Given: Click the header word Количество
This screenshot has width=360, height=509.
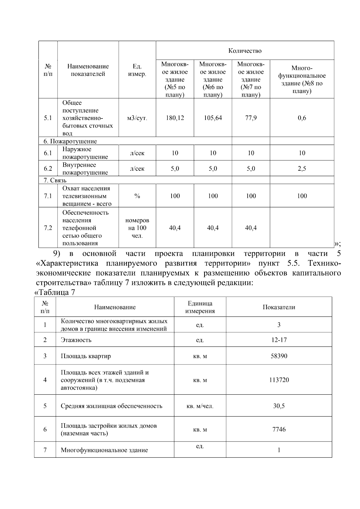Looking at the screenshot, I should (x=245, y=51).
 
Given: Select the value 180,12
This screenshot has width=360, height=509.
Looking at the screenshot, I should (x=175, y=118).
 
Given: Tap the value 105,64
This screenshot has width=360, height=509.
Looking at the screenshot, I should (x=213, y=118).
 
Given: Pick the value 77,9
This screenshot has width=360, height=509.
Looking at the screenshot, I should (x=251, y=118).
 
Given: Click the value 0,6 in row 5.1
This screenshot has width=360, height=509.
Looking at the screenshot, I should (x=302, y=118).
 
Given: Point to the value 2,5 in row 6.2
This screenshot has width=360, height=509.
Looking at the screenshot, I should (x=302, y=169).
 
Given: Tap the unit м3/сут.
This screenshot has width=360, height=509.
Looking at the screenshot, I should (x=137, y=118).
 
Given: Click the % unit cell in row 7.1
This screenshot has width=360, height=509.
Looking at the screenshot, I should (x=137, y=196).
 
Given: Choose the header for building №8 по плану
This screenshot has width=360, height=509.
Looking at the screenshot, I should (x=302, y=79).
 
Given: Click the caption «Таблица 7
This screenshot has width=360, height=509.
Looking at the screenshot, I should (x=55, y=292).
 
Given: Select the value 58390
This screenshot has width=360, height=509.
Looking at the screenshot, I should (x=279, y=356).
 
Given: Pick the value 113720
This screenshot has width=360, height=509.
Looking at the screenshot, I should (x=279, y=380).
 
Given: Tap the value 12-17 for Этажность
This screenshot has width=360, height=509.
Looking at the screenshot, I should (x=279, y=340).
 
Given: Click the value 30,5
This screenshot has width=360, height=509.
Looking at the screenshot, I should (x=279, y=406).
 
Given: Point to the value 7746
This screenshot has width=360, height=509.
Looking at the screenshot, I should (x=279, y=430).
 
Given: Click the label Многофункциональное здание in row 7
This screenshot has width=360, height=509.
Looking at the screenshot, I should (x=104, y=450).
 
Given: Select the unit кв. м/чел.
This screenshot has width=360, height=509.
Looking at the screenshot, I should (x=200, y=406).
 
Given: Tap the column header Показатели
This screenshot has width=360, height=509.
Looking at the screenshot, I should (x=279, y=307).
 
